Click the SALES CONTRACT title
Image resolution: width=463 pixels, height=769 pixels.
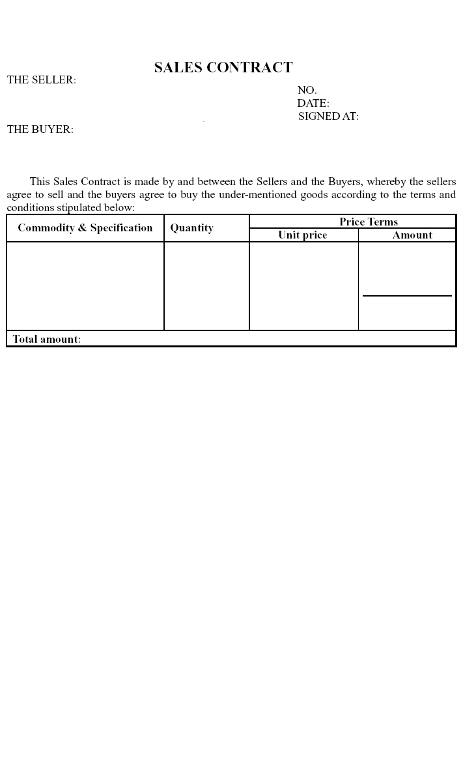tap(223, 68)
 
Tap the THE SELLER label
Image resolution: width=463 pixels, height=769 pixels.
tap(41, 80)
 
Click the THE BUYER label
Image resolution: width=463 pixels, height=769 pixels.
tap(40, 130)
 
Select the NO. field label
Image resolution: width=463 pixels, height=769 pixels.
tap(307, 91)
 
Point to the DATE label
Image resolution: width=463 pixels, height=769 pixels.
tap(313, 104)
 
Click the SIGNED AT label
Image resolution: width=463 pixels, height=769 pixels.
tap(328, 117)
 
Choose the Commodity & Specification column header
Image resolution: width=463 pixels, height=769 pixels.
tap(85, 228)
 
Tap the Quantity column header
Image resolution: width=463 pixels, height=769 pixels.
tap(191, 228)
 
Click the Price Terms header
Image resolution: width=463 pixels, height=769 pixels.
tap(369, 222)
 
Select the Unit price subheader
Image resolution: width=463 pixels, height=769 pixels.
tap(303, 235)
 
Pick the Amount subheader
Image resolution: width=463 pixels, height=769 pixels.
tap(412, 235)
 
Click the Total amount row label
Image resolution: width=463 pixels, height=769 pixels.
tap(46, 340)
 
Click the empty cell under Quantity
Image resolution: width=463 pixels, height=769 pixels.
tap(206, 286)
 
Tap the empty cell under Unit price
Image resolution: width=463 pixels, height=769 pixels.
tap(303, 286)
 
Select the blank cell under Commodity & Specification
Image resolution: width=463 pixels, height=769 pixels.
tap(85, 286)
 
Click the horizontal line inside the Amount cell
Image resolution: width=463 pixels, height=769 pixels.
tap(407, 296)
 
